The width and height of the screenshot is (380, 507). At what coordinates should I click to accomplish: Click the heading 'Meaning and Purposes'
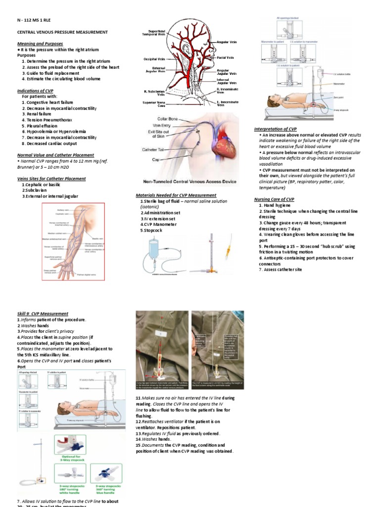coord(40,44)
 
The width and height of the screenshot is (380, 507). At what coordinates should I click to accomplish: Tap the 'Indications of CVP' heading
coord(35,91)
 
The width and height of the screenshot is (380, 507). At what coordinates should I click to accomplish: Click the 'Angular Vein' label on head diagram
coord(227,42)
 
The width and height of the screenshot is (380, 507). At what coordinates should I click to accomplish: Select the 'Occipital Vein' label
coord(154,59)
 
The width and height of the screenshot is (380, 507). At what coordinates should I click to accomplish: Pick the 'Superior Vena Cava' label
coord(154,104)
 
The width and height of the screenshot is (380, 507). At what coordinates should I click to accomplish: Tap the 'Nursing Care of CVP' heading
coord(274,199)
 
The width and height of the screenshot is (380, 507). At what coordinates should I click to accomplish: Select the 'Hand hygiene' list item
coord(278,205)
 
